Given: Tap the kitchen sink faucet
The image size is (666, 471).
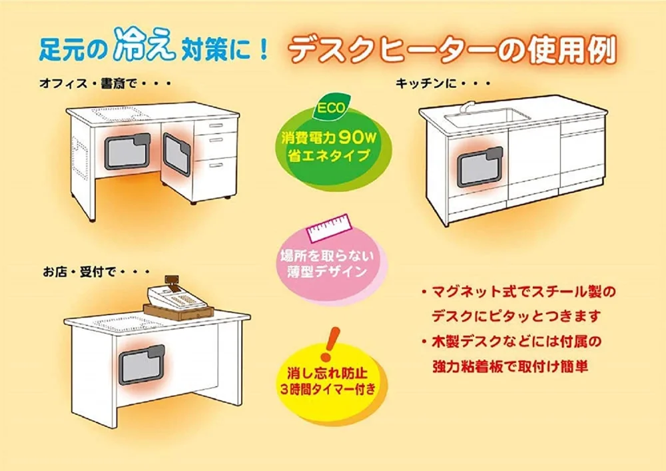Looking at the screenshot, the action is click(468, 107).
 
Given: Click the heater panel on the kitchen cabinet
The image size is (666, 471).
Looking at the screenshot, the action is click(480, 167).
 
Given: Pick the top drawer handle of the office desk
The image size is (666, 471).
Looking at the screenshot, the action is click(216, 126).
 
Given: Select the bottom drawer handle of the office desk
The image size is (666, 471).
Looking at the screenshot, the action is click(216, 165).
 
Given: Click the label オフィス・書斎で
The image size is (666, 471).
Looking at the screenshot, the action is click(88, 84).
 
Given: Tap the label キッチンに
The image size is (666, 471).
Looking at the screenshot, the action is click(427, 83).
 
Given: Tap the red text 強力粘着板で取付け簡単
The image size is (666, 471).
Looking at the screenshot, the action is click(510, 366).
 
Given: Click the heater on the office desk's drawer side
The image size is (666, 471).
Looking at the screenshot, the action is click(176, 155).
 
